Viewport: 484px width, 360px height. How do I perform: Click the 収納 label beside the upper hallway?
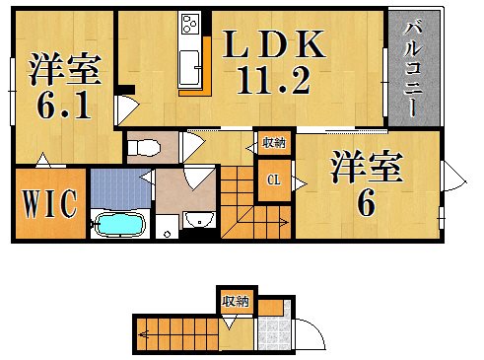273,143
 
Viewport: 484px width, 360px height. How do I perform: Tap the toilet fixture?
144,149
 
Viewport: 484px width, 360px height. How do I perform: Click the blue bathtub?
118,225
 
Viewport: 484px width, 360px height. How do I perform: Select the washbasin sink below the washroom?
199,219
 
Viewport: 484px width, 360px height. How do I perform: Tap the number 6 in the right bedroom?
366,203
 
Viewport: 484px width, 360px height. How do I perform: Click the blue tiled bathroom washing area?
116,187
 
